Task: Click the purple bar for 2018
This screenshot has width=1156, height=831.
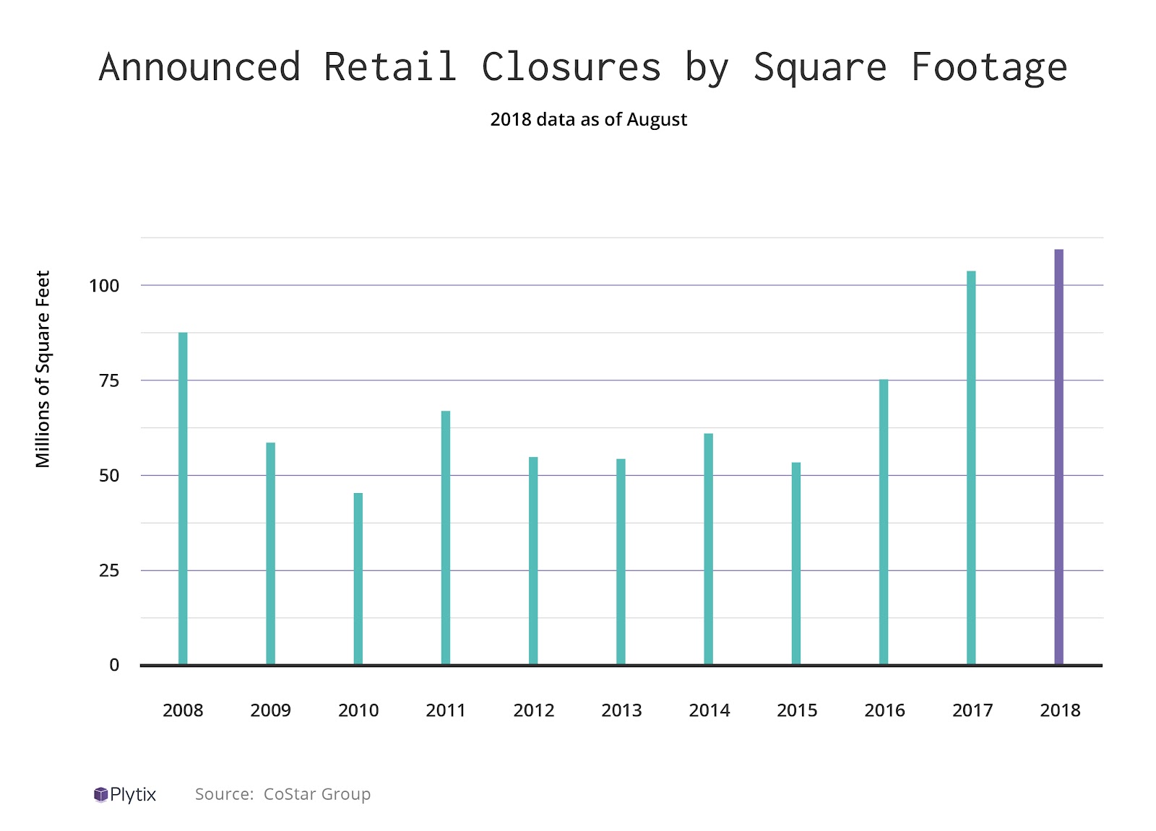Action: coord(1058,456)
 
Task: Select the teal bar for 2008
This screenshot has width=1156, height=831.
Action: coord(183,498)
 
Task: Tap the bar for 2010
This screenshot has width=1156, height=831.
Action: coord(358,578)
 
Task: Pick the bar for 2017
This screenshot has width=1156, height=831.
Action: coord(971,467)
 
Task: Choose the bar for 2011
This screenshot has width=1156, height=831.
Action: coord(446,537)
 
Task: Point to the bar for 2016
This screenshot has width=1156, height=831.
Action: coord(884,521)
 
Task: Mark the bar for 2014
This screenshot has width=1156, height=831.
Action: coord(709,549)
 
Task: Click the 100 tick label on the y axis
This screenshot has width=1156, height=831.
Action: coord(104,286)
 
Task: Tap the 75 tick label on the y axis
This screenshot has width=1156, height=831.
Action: coord(109,380)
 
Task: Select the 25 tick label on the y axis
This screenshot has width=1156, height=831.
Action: coord(109,571)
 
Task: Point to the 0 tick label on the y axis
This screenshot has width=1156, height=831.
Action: coord(114,666)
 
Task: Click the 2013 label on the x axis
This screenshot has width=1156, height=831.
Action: coord(621,710)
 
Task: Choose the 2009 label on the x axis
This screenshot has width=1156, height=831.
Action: coord(270,710)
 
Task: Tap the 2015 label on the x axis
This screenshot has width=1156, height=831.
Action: coord(797,710)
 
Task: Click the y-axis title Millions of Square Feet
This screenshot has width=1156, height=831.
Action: coord(43,369)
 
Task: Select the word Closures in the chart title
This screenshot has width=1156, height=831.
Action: coord(571,67)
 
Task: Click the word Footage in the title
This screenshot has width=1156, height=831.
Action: coord(988,67)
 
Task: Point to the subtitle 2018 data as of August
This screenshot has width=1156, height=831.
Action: coord(588,119)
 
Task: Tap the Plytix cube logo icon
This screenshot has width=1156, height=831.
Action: coord(100,795)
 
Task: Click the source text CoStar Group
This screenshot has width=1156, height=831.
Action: coord(316,794)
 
